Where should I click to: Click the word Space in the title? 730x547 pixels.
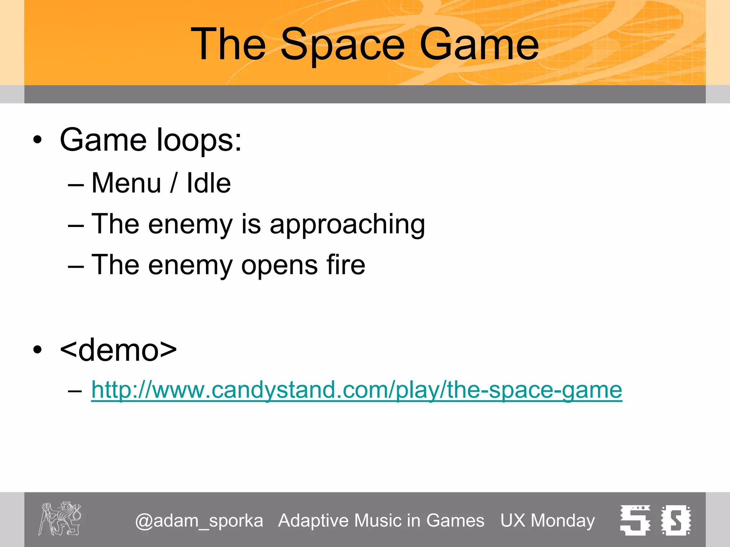tap(343, 45)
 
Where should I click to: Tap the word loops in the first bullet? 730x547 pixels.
tap(199, 140)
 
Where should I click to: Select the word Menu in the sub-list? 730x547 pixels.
tap(126, 183)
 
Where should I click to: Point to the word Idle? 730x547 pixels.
tap(209, 183)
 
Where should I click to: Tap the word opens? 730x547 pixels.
tap(279, 266)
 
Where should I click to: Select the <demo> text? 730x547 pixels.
tap(118, 350)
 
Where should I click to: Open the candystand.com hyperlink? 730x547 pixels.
tap(356, 390)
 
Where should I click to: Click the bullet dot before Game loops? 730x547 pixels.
tap(37, 140)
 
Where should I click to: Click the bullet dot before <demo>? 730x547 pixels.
tap(37, 350)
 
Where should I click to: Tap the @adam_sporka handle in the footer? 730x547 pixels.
tap(199, 521)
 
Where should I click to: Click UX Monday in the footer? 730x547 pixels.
tap(547, 521)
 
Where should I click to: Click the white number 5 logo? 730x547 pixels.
tap(635, 520)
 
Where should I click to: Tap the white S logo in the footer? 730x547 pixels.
tap(676, 520)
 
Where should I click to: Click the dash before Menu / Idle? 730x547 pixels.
tap(76, 185)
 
